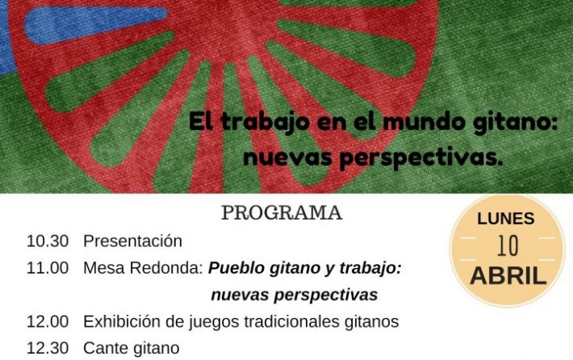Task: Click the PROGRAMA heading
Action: pyautogui.click(x=282, y=213)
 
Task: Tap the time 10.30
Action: pyautogui.click(x=48, y=241)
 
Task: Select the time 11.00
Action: pyautogui.click(x=48, y=268)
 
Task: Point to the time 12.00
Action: pyautogui.click(x=48, y=321)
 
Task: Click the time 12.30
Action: pyautogui.click(x=48, y=348)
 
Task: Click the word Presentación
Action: pyautogui.click(x=132, y=241)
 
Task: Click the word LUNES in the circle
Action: pyautogui.click(x=506, y=219)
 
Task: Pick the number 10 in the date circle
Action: pyautogui.click(x=508, y=245)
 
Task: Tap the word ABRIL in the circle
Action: pyautogui.click(x=508, y=275)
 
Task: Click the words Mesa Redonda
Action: pyautogui.click(x=144, y=268)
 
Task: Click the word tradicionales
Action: pyautogui.click(x=291, y=321)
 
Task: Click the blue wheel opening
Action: pyautogui.click(x=96, y=23)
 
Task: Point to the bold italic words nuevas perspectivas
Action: pyautogui.click(x=295, y=295)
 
